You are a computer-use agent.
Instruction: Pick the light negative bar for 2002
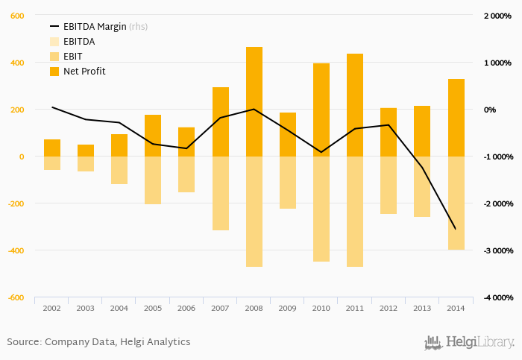tap(52, 163)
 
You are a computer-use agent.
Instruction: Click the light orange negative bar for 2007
tap(221, 193)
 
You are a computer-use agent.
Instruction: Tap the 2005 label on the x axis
tap(153, 308)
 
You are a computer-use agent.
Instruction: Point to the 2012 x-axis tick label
tap(389, 308)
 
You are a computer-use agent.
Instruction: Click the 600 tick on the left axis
tap(16, 16)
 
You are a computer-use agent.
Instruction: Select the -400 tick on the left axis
tap(15, 250)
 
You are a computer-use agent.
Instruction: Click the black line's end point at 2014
tap(456, 229)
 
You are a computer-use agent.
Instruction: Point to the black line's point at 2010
tap(321, 152)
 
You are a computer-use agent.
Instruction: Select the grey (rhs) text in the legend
tap(138, 27)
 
